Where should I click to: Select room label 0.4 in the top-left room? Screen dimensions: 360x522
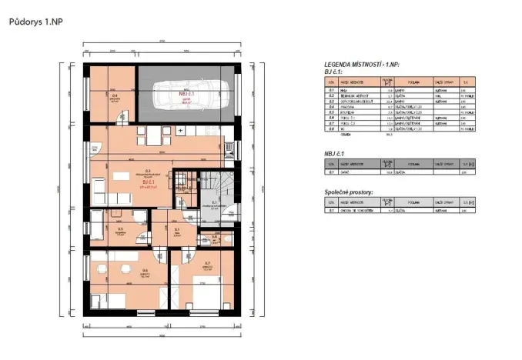114,95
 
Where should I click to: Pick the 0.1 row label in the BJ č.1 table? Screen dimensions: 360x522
331,90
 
